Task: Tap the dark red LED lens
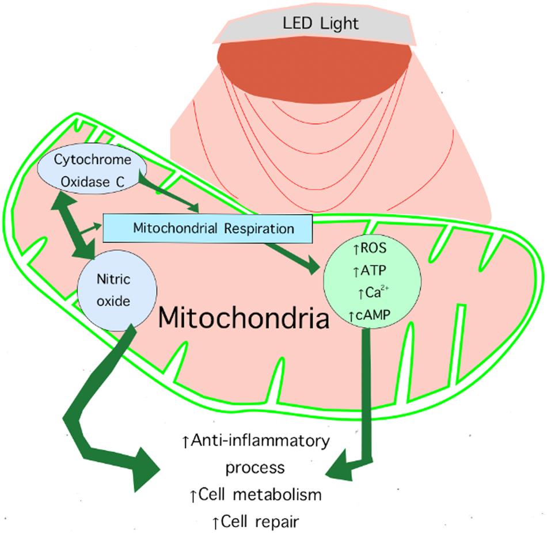[x=314, y=64]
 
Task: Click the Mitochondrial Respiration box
[x=207, y=228]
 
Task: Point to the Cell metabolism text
[x=256, y=494]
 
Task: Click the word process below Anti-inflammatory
[x=254, y=467]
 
